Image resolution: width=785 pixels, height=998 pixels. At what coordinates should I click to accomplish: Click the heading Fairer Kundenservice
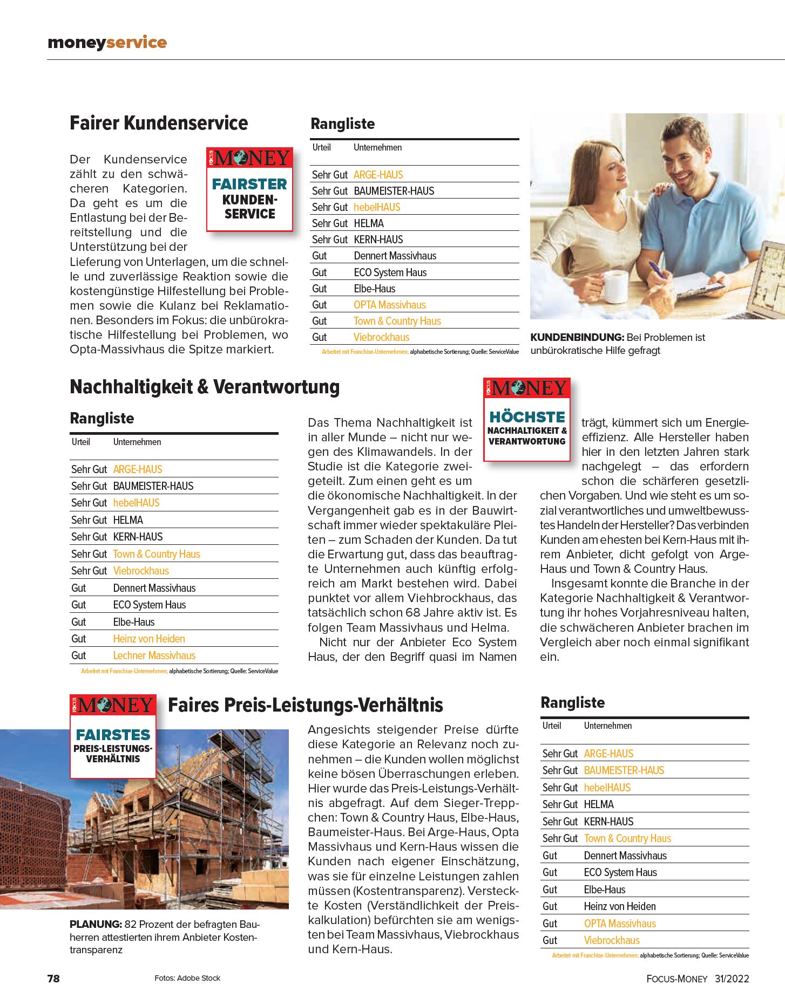pos(159,123)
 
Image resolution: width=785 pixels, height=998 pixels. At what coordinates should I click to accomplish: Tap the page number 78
pos(53,979)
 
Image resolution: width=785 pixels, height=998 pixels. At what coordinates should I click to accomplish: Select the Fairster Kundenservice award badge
pos(249,189)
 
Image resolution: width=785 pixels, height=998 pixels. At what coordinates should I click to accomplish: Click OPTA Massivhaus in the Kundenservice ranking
pos(389,305)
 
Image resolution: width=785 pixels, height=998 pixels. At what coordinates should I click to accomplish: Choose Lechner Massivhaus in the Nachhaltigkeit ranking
pos(154,655)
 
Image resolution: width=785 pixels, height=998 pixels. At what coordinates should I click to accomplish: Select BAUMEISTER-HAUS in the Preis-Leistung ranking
pos(624,770)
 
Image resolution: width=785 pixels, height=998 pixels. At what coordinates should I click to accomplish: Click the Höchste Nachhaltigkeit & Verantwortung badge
pos(526,420)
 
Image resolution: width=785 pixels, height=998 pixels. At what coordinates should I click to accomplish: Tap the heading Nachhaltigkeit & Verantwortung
pos(205,387)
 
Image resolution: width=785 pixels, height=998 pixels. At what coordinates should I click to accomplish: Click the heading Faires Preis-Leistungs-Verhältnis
pos(305,705)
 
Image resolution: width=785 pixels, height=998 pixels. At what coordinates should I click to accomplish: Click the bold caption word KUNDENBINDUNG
pos(577,337)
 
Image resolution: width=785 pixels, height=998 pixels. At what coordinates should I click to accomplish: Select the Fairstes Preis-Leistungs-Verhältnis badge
pos(113,736)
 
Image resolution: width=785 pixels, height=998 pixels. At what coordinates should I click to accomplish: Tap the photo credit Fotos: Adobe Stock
pos(187,978)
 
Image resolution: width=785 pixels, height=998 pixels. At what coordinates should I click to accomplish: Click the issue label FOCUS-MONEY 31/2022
pos(698,979)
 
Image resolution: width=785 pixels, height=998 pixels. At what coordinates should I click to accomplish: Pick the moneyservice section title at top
pos(107,42)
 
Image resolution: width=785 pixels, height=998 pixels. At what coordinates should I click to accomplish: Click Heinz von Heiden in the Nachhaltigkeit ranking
pos(148,639)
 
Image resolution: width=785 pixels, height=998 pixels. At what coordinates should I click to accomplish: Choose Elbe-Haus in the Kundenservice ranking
pos(374,289)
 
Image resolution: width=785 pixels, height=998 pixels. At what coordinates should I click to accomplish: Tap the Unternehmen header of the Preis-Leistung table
pos(607,726)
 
